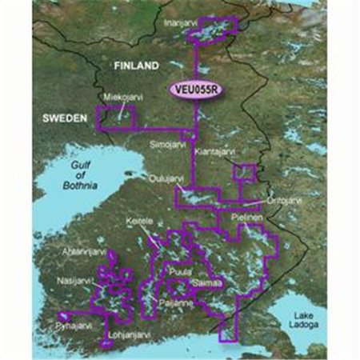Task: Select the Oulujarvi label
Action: click(x=166, y=179)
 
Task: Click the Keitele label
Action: click(x=138, y=220)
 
